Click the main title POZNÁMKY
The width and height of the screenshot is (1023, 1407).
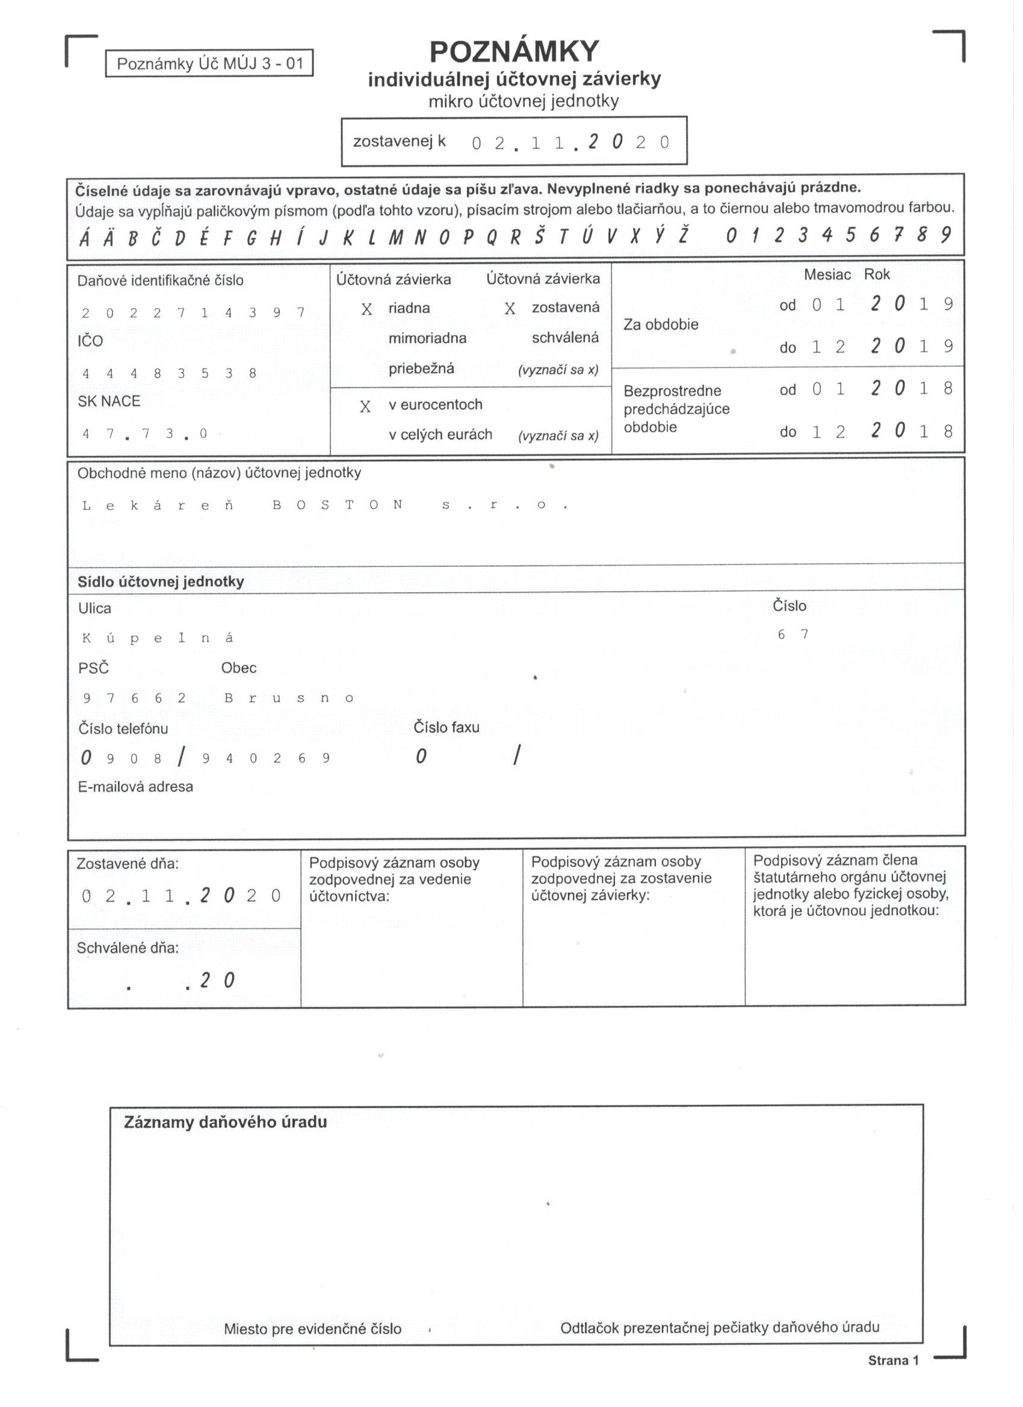coord(514,52)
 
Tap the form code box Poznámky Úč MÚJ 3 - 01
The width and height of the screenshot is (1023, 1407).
coord(209,63)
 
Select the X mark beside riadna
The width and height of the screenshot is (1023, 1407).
coord(366,309)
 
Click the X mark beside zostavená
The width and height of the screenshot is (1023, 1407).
coord(510,308)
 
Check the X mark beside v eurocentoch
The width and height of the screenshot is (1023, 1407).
coord(365,406)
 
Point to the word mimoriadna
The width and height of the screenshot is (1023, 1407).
coord(427,339)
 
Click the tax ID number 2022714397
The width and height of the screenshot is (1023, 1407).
coord(193,313)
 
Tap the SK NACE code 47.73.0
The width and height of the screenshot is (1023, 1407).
coord(144,434)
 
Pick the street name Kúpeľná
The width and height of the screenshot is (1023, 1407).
coord(158,638)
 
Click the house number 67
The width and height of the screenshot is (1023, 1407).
coord(793,634)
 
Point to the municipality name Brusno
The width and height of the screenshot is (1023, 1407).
coord(288,698)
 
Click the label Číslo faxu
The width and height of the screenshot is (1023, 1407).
coord(446,727)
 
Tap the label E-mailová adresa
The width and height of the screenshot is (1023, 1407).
coord(135,787)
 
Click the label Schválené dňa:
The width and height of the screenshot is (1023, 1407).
coord(127,948)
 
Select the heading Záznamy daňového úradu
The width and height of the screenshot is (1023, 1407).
coord(225,1122)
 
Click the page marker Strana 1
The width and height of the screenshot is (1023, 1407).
coord(893,1361)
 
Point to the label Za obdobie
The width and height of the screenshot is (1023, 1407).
coord(661,324)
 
